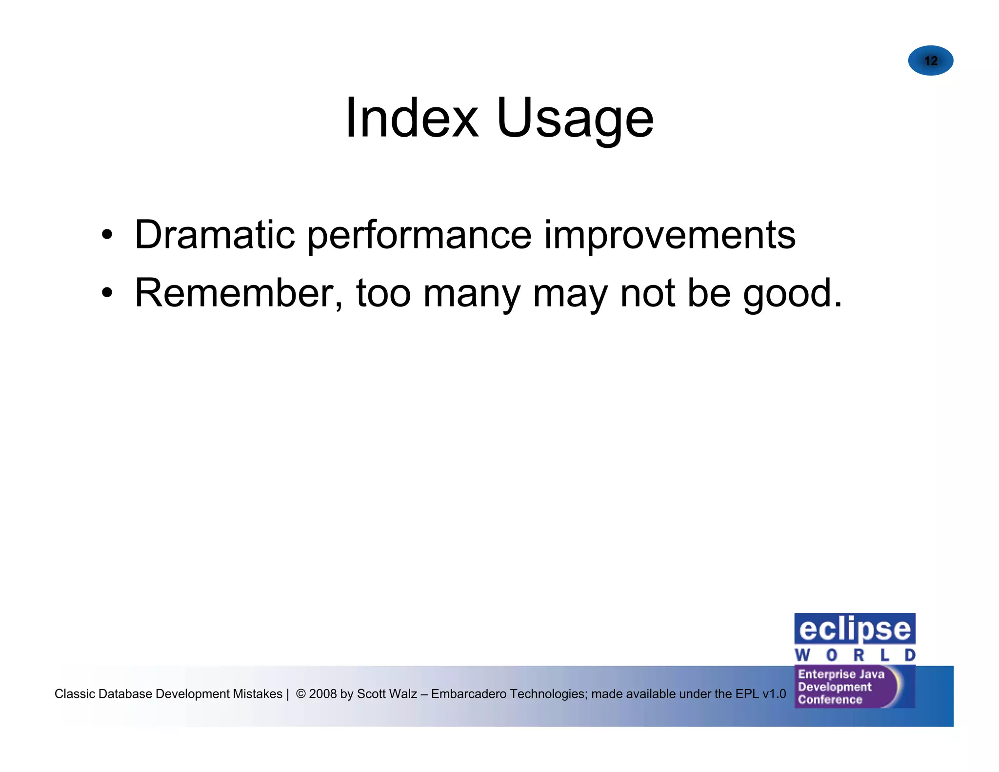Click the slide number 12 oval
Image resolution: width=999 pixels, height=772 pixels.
pos(930,61)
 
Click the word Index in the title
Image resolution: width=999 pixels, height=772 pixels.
pos(411,119)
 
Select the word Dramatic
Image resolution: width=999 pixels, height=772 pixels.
pos(215,235)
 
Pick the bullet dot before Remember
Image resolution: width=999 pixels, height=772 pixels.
pos(107,293)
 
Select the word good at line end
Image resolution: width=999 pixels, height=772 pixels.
pos(786,295)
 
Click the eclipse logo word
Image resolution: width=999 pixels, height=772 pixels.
pos(855,629)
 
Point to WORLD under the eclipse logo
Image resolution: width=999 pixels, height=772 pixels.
pos(855,655)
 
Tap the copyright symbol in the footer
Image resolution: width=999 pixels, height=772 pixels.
pos(301,693)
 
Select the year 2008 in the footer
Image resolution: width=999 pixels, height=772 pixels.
pos(322,693)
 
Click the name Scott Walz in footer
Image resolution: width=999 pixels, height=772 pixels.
pos(387,693)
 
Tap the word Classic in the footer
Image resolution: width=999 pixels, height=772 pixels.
pos(74,693)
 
